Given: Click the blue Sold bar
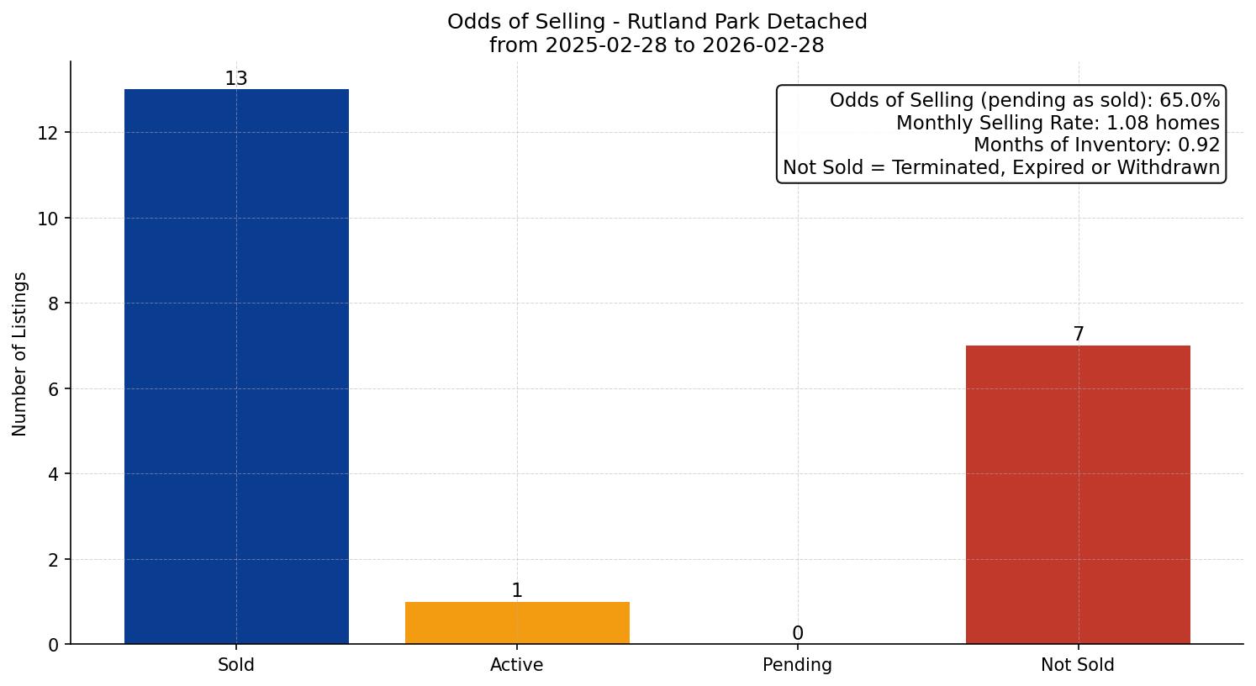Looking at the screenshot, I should [x=236, y=367].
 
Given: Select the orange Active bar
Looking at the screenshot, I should [x=517, y=623].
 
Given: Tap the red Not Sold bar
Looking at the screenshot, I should [x=1078, y=494].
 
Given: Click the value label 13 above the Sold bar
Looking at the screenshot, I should [x=236, y=79].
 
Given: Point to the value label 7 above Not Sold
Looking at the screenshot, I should [x=1078, y=335].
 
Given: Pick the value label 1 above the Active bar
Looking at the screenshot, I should [x=517, y=591].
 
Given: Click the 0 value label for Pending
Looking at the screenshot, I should [x=797, y=634].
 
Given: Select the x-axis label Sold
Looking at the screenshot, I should [x=236, y=665].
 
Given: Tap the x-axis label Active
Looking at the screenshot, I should [x=517, y=665].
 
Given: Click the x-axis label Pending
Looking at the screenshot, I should [x=797, y=665].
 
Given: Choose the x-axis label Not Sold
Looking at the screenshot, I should [x=1078, y=665].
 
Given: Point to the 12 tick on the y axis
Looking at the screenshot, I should [x=48, y=133].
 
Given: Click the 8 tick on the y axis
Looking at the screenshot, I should [x=53, y=303].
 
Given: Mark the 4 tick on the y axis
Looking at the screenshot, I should [x=53, y=474].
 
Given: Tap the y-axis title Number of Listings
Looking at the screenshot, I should [x=20, y=353].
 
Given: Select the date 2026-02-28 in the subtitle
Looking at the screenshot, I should [x=763, y=45].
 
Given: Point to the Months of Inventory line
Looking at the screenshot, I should [x=1096, y=145].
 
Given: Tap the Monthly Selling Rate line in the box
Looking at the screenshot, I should [x=1058, y=123].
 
